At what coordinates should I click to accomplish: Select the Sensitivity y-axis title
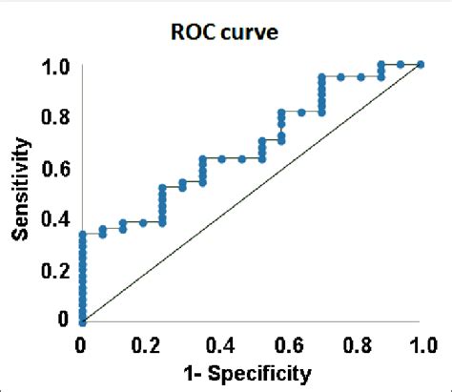click(x=23, y=192)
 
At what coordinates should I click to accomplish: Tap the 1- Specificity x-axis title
click(x=250, y=369)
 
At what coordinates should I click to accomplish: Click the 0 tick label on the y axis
click(x=63, y=320)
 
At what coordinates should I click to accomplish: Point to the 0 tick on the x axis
click(x=81, y=342)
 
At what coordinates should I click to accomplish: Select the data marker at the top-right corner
click(x=420, y=65)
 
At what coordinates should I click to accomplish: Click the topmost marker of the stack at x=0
click(x=81, y=234)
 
